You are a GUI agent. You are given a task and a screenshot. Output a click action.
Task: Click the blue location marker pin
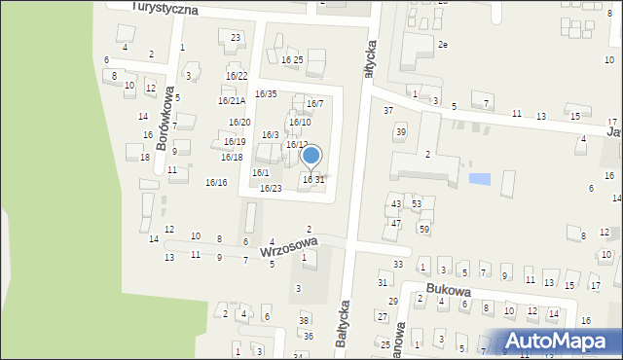pos(311,156)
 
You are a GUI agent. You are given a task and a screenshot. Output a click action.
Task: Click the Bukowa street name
pos(449,290)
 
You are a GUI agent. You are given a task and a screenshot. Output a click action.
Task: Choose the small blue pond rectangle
pos(479,179)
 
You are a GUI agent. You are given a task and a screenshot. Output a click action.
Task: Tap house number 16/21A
pos(232,100)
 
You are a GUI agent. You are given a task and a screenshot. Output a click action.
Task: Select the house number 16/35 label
pos(266,93)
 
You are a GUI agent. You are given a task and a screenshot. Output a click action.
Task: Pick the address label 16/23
pos(271,188)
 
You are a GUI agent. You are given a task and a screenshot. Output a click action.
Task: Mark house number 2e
pos(443,45)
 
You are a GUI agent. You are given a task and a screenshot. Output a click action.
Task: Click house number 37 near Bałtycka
pos(388,110)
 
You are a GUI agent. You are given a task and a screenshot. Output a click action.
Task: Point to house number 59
pos(423,229)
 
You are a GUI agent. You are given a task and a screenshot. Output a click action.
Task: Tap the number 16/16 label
pos(216,182)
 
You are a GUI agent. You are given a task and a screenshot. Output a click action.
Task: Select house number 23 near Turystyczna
pos(236,37)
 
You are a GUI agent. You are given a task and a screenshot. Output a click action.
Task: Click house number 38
pos(304,320)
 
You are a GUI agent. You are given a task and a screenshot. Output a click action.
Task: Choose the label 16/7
pos(315,103)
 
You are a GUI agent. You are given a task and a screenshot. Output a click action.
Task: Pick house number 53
pos(416,203)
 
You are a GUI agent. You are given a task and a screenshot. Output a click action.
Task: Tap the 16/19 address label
pos(234,142)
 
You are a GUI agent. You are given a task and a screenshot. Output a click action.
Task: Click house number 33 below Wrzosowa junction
pos(397,265)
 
